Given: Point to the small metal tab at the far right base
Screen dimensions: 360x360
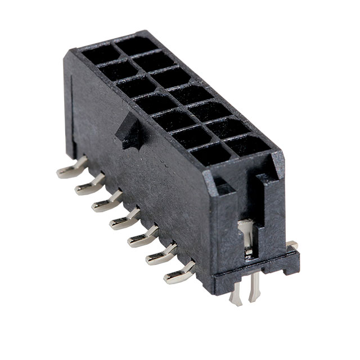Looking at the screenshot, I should click(x=291, y=245).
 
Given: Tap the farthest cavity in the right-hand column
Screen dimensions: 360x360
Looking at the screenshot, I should click(x=133, y=46).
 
